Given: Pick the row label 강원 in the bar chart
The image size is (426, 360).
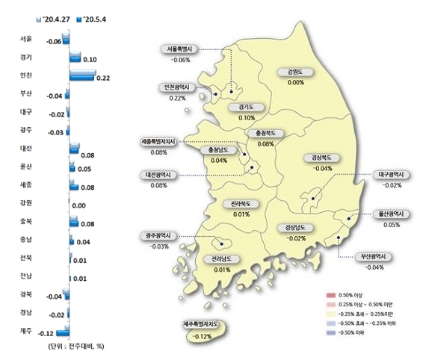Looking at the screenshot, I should point(26,203).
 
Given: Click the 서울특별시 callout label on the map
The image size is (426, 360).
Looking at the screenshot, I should point(180,49).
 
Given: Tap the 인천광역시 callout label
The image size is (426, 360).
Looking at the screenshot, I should point(177,87).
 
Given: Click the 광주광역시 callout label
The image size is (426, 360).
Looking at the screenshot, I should point(158,236).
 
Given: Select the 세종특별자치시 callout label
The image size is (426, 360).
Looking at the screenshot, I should point(158,141).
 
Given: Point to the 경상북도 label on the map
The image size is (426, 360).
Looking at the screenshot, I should point(322,158).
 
